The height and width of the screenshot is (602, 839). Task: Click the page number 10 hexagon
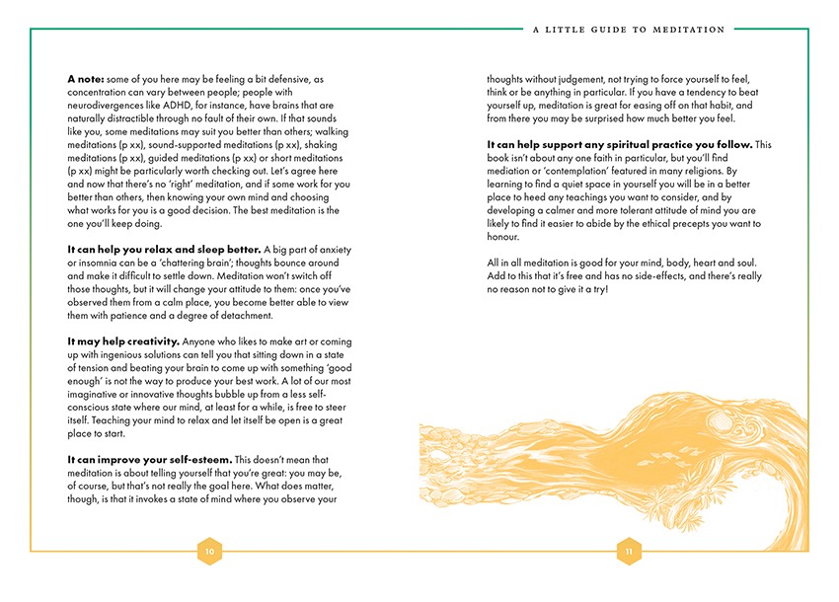(x=208, y=552)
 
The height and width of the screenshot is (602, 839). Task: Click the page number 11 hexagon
(x=629, y=552)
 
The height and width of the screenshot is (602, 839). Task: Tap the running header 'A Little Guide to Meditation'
(x=628, y=30)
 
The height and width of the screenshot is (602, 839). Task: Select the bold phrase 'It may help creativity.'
(x=123, y=340)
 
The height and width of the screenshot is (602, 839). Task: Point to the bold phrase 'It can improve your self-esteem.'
(x=149, y=459)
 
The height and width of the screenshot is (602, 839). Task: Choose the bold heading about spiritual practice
(x=620, y=144)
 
